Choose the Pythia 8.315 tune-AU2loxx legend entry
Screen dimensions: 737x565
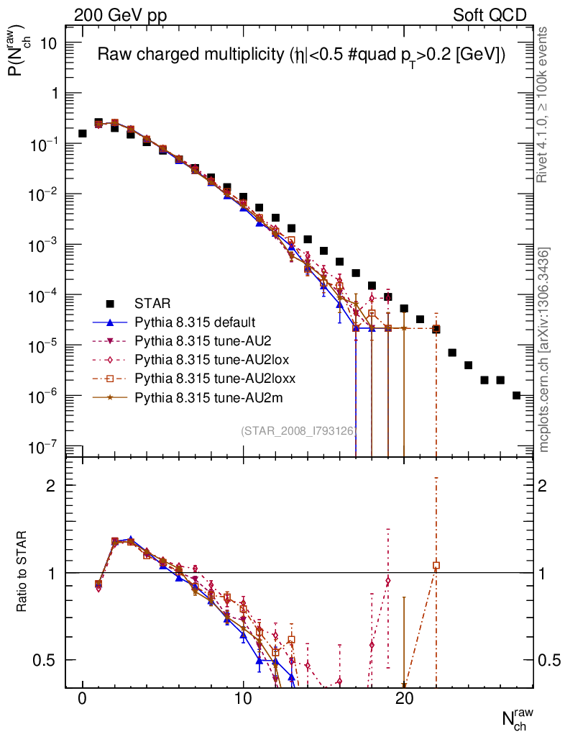coord(208,378)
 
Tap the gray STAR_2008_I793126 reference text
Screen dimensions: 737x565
coord(298,431)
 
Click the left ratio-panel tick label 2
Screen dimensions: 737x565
coord(51,486)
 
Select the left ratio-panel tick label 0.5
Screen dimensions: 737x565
coord(45,660)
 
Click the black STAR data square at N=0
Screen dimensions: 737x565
coord(83,133)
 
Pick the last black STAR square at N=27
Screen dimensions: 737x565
coord(516,395)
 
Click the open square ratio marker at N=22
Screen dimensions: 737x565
coord(436,566)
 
